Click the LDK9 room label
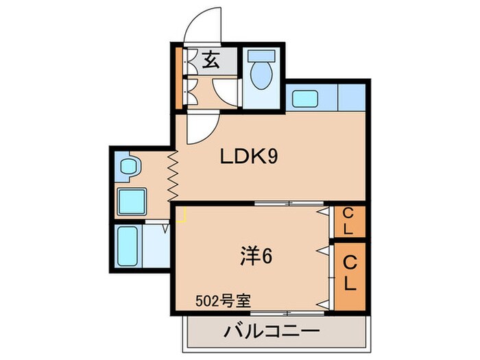point(248,156)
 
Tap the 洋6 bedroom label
point(257,256)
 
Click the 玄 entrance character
point(211,61)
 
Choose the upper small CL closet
point(348,221)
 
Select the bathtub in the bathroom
point(129,247)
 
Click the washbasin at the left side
point(128,166)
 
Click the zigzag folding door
point(171,174)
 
